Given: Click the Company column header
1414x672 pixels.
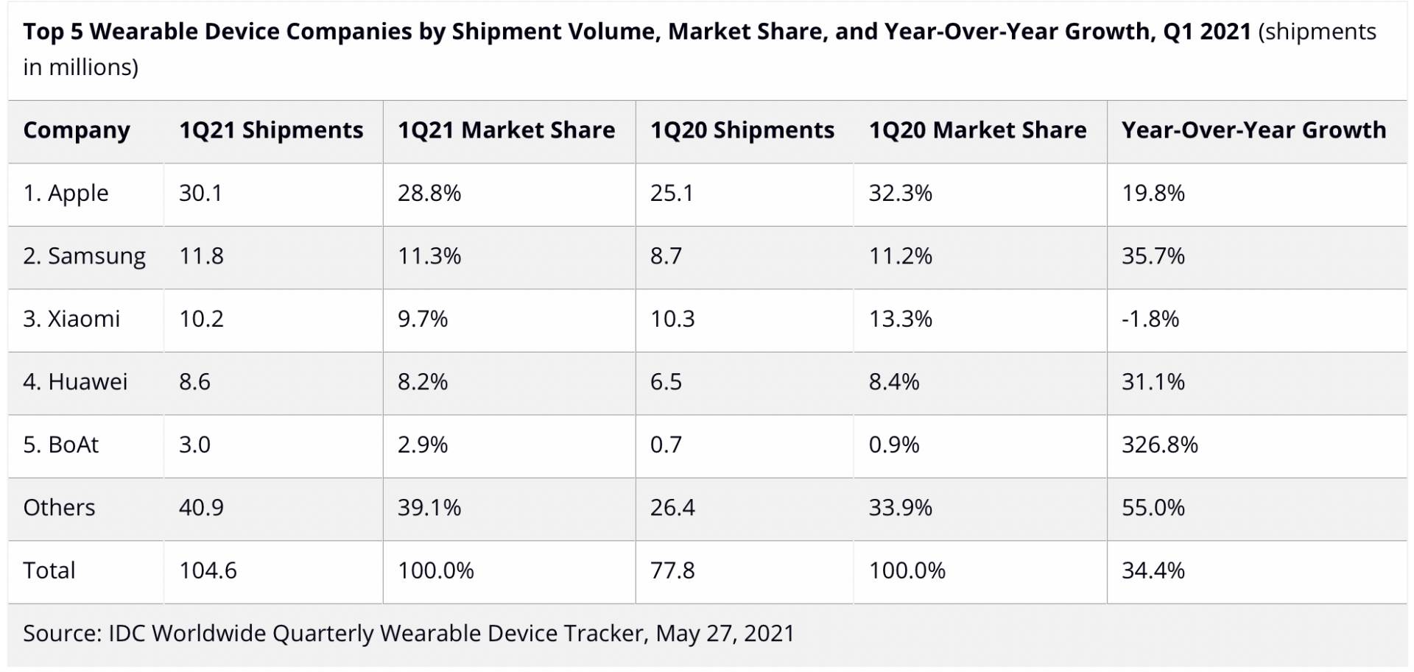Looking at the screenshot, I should point(77,130).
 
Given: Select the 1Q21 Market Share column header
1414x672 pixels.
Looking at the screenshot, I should point(506,130).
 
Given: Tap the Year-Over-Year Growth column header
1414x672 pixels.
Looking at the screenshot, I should point(1253,130).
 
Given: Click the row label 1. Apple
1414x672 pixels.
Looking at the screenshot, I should point(66,193).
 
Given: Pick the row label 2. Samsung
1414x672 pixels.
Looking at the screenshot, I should point(84,256).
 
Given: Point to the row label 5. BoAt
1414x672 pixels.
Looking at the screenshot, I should point(60,445).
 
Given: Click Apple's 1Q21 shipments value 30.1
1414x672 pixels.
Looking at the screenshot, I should point(200,193).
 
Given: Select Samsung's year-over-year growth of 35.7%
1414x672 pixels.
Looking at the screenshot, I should point(1153,256).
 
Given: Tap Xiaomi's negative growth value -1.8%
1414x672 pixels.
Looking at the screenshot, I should point(1150,319).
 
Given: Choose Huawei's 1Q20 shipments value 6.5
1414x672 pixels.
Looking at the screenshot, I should point(666,382).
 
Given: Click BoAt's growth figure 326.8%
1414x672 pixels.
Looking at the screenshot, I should point(1159,445).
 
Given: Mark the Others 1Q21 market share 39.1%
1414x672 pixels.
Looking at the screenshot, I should point(429,508).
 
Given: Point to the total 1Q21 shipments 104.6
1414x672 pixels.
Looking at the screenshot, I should point(208,570).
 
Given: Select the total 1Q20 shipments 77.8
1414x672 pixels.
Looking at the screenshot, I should point(672,570).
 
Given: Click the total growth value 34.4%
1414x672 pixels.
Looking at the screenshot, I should point(1153,570).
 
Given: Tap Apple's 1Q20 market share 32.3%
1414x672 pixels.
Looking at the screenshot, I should point(900,193).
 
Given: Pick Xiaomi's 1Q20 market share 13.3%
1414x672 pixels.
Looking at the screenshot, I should point(900,319).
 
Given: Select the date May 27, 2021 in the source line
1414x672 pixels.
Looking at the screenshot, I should point(725,634).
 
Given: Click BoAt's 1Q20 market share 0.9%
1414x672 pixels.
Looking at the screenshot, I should point(893,445).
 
